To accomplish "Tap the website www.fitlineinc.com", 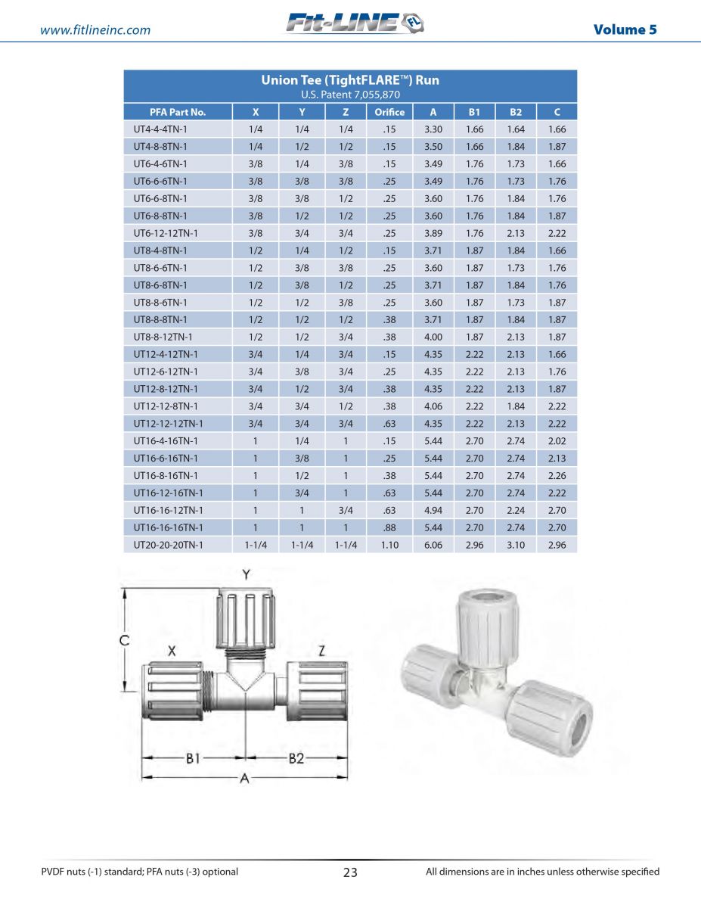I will [95, 30].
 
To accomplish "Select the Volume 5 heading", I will [625, 30].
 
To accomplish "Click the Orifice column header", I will [389, 112].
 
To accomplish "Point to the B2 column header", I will [515, 112].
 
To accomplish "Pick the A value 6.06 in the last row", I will [433, 545].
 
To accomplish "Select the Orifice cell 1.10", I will [389, 545].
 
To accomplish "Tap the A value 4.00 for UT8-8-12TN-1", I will [433, 337].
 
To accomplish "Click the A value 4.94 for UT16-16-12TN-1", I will [433, 510].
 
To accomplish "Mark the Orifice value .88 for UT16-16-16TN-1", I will [389, 527].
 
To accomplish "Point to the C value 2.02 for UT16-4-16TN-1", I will [557, 441].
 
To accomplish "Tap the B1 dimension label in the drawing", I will [193, 758].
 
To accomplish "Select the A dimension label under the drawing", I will [243, 779].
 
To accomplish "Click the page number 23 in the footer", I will [350, 872].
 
